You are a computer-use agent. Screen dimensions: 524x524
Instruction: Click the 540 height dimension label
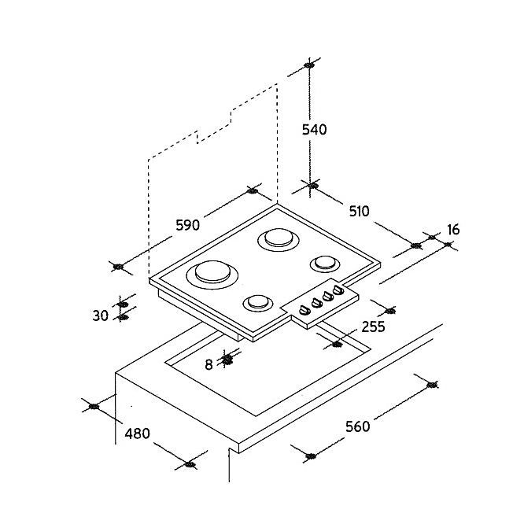coord(314,129)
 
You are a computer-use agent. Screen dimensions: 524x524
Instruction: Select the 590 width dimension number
coord(188,225)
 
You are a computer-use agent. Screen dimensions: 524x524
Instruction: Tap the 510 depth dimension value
coord(360,211)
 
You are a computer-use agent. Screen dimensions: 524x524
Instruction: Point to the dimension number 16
coord(453,230)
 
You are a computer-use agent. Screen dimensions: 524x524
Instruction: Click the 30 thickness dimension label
coord(100,316)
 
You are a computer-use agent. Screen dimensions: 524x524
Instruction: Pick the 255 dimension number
coord(373,327)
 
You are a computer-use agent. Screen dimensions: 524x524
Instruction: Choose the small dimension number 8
coord(208,364)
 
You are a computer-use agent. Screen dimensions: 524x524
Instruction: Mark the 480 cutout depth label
coord(138,434)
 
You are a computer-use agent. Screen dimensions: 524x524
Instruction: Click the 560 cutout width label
coord(357,426)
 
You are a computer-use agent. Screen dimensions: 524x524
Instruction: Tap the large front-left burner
coord(212,274)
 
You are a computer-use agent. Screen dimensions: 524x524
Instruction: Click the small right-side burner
coord(325,264)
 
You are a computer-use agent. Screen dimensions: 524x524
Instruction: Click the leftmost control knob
coord(304,310)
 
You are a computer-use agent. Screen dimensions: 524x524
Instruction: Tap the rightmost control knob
coord(338,290)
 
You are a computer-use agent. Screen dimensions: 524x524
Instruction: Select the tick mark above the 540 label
coord(308,65)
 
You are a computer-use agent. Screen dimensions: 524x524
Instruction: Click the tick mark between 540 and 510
coord(312,186)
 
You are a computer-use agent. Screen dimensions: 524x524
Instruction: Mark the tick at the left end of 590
coord(118,267)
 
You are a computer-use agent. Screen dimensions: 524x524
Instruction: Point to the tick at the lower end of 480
coord(190,464)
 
